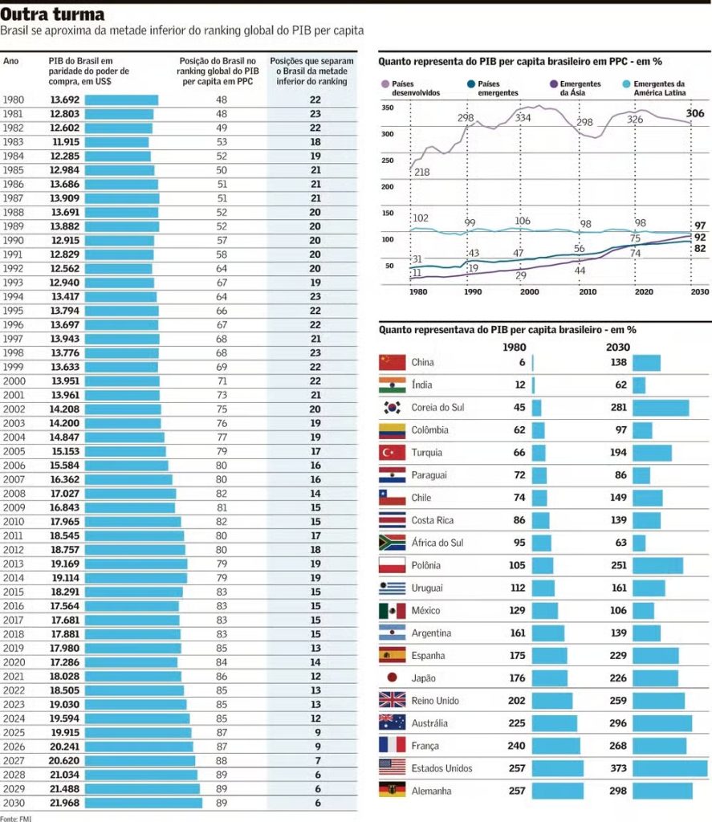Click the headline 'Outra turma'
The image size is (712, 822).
pyautogui.click(x=52, y=14)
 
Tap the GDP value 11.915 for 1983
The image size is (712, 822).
pyautogui.click(x=65, y=141)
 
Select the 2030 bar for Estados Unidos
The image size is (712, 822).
pyautogui.click(x=670, y=768)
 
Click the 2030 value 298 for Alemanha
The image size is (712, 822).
pyautogui.click(x=619, y=791)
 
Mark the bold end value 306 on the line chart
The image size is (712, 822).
pyautogui.click(x=695, y=113)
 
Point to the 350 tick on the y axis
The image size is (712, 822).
pyautogui.click(x=388, y=108)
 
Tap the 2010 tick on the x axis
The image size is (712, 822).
pyautogui.click(x=587, y=292)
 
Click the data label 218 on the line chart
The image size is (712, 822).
pyautogui.click(x=421, y=173)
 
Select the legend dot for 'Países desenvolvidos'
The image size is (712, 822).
pyautogui.click(x=385, y=84)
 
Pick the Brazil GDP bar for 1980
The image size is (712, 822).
pyautogui.click(x=121, y=100)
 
